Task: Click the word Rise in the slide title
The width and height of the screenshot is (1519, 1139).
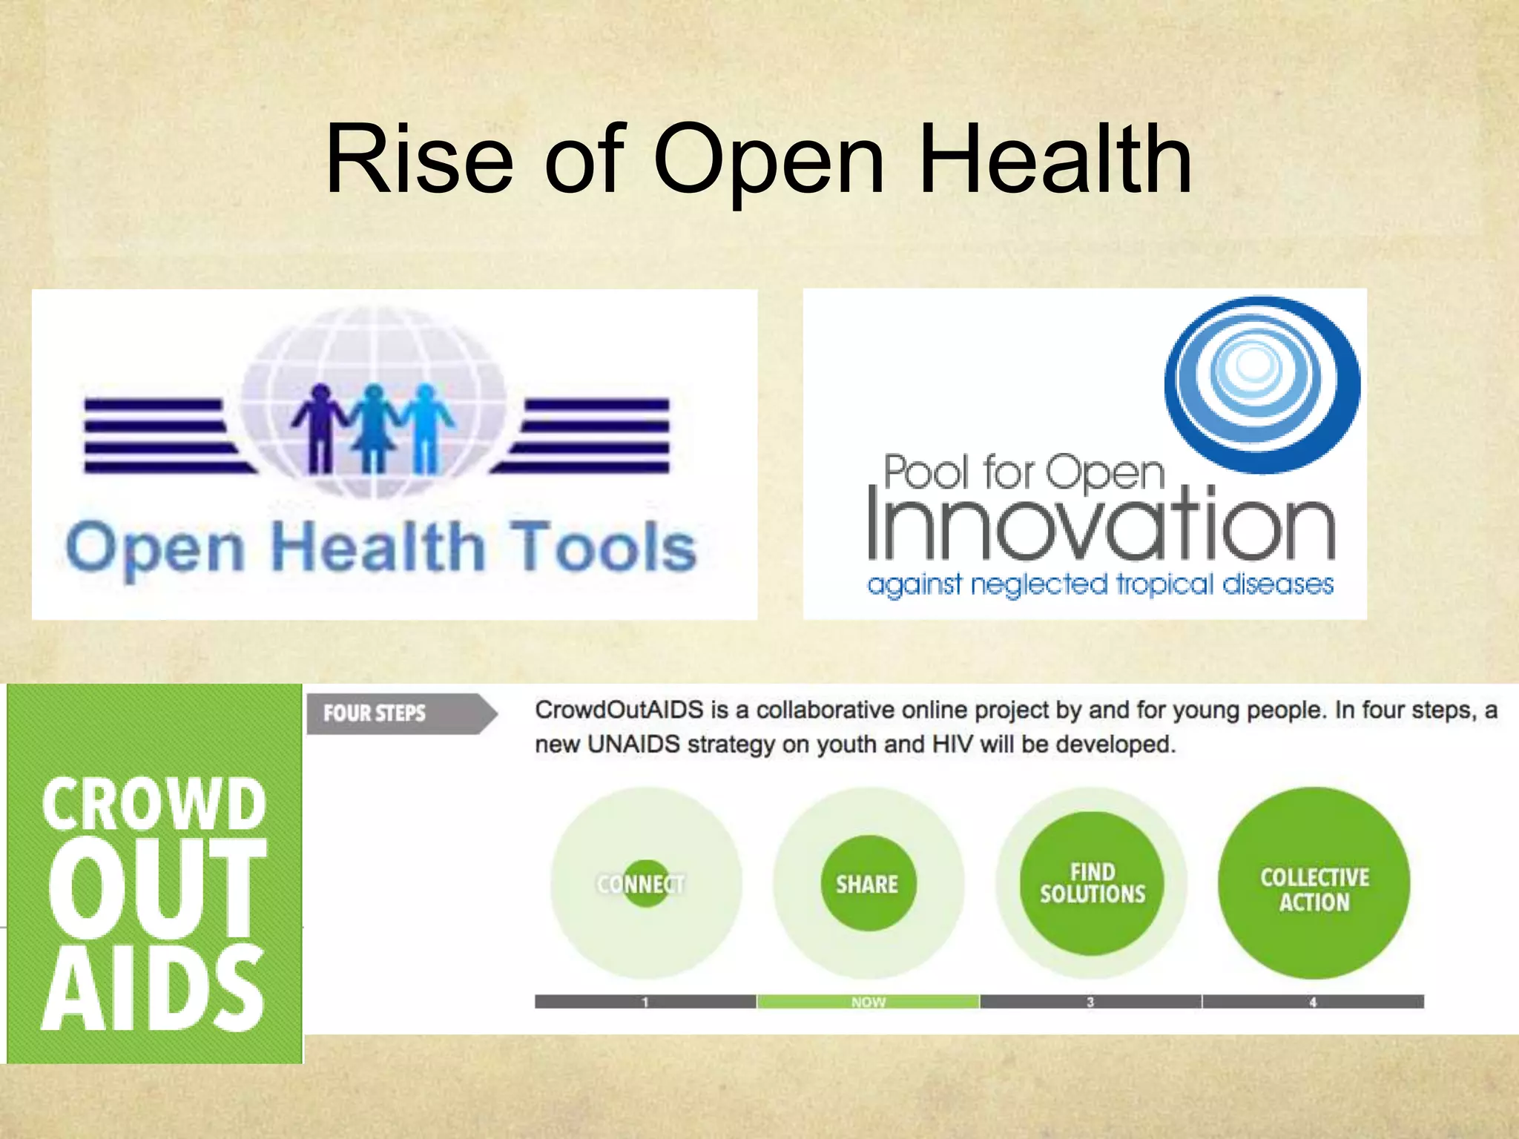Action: coord(420,160)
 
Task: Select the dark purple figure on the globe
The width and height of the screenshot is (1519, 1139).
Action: coord(320,429)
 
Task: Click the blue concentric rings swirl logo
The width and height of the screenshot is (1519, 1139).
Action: coord(1262,383)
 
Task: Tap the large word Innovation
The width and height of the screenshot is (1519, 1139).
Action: coord(1101,525)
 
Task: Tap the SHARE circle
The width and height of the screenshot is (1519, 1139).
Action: coord(868,883)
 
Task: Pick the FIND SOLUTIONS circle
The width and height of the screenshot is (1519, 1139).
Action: coord(1092,883)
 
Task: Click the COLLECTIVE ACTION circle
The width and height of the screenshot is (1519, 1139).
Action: coord(1314,883)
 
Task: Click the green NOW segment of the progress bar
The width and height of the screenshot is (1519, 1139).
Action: coord(868,1002)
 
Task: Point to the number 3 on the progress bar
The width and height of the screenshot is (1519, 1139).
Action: coord(1090,1002)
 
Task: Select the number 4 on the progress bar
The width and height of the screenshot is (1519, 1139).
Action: coord(1313,1002)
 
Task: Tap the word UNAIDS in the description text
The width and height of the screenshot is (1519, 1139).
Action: coord(633,744)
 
